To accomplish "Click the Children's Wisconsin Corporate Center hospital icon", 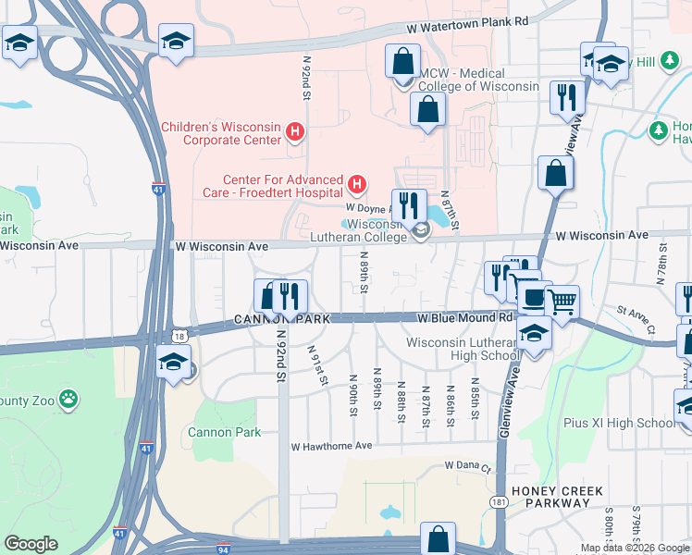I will click(294, 132).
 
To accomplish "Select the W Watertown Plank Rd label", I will click(474, 21).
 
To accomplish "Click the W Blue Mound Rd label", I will click(464, 317).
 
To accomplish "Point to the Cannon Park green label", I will click(224, 432).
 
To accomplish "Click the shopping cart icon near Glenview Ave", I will click(562, 301).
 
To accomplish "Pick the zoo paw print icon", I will click(68, 400).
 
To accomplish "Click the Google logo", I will click(31, 544).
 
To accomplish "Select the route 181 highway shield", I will click(499, 501).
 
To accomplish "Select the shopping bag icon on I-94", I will click(438, 539).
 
